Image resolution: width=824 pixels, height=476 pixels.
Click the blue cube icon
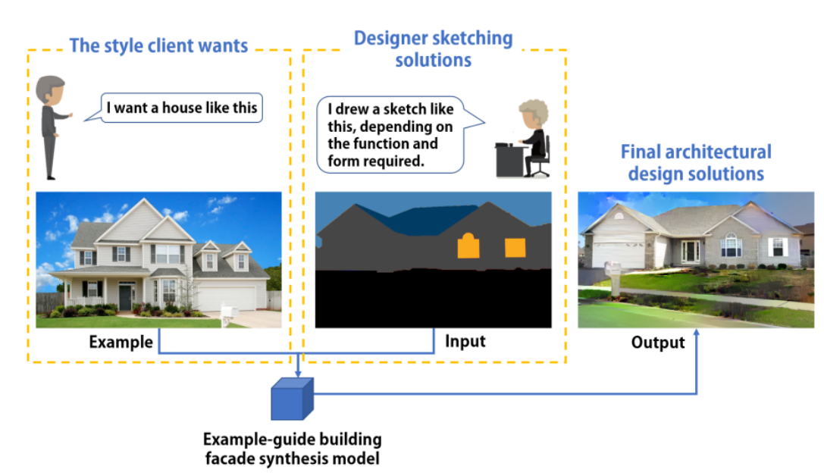292,399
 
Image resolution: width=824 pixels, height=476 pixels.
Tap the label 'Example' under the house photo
121,342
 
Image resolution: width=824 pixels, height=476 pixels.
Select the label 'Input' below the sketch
465,341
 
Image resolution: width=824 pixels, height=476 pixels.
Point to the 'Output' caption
658,343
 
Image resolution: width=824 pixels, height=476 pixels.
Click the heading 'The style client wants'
158,45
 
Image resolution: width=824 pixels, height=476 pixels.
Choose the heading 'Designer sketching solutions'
433,49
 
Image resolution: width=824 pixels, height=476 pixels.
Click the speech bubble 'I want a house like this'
181,108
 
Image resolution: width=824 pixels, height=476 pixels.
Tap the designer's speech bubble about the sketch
393,133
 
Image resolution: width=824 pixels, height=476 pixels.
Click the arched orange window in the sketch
468,246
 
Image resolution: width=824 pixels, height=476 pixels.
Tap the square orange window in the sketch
515,249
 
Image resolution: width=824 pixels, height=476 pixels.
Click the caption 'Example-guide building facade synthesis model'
292,449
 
